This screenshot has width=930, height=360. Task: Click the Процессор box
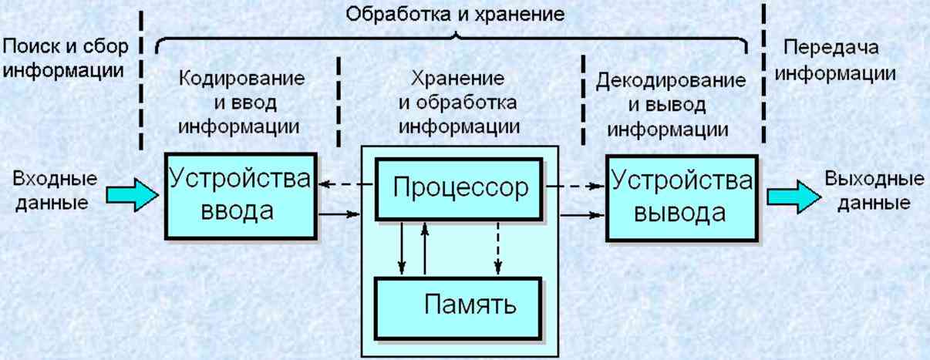pyautogui.click(x=460, y=187)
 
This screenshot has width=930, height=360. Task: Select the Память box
pyautogui.click(x=460, y=305)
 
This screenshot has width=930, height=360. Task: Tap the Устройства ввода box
pyautogui.click(x=240, y=196)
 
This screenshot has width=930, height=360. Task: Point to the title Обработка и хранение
pyautogui.click(x=455, y=14)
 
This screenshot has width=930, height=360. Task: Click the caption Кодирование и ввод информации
pyautogui.click(x=241, y=103)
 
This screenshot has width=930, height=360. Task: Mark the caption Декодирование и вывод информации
pyautogui.click(x=670, y=105)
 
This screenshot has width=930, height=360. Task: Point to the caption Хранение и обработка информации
pyautogui.click(x=458, y=102)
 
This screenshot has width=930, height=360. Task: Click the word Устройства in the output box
pyautogui.click(x=681, y=182)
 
